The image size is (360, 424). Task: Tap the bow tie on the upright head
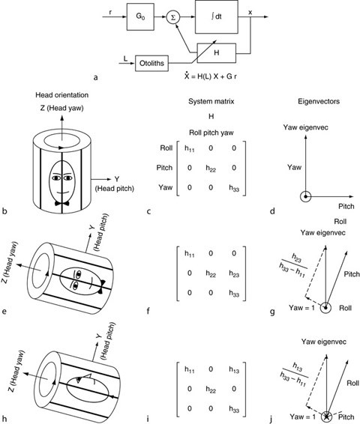click(x=59, y=205)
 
